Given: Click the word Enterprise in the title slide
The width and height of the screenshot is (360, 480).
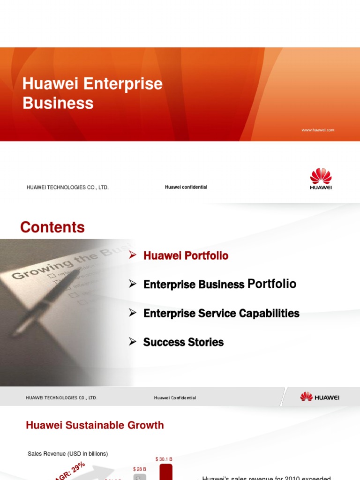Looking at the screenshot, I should pyautogui.click(x=123, y=84).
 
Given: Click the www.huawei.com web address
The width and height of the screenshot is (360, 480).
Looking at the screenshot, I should pyautogui.click(x=318, y=130).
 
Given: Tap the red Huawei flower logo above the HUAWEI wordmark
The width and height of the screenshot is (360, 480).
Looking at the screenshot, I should pyautogui.click(x=321, y=176).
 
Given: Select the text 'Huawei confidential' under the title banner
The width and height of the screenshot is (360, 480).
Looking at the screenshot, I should pyautogui.click(x=186, y=187).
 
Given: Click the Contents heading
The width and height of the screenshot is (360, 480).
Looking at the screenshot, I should pyautogui.click(x=52, y=227).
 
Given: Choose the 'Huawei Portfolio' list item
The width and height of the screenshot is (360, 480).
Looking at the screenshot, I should pyautogui.click(x=186, y=256).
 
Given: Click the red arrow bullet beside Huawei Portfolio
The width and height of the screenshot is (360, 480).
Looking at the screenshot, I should pyautogui.click(x=133, y=255).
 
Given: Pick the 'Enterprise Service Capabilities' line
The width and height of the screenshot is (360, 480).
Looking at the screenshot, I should pyautogui.click(x=221, y=314).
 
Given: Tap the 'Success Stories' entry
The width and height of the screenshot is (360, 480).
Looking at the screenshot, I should pyautogui.click(x=183, y=342).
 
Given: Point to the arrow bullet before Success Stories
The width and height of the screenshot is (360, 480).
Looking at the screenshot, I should pyautogui.click(x=133, y=342).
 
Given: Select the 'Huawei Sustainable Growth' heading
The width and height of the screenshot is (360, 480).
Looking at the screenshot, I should pyautogui.click(x=95, y=425).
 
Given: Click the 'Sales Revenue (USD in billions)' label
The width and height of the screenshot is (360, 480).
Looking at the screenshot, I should pyautogui.click(x=67, y=454).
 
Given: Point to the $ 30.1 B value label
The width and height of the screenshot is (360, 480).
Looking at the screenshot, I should pyautogui.click(x=164, y=459).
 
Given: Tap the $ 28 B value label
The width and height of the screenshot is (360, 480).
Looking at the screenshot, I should pyautogui.click(x=140, y=469).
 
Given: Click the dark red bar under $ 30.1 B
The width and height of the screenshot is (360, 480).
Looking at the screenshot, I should pyautogui.click(x=166, y=472).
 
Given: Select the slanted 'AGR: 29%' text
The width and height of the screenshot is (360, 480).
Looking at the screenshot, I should pyautogui.click(x=70, y=470).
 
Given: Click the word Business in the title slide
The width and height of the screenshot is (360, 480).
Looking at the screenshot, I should pyautogui.click(x=58, y=103).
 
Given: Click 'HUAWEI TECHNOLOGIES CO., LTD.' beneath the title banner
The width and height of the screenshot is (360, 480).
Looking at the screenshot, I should pyautogui.click(x=67, y=187).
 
